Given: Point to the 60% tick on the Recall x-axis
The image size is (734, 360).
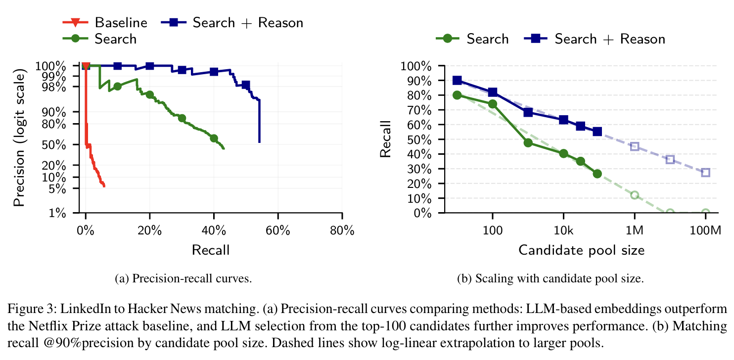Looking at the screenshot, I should pos(278,231).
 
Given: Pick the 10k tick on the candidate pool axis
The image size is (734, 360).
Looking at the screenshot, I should pos(563,231).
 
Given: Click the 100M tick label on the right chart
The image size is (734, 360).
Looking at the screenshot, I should pos(705,231).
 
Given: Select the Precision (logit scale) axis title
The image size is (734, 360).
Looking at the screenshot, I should pos(20,139).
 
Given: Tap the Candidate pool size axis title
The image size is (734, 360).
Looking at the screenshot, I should pos(581,250).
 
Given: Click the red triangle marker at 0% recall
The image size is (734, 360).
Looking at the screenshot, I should pos(86,66).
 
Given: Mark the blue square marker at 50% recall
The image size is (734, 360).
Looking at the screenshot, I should pos(246,85).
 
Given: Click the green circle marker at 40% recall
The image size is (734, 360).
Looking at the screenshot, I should pos(214,138).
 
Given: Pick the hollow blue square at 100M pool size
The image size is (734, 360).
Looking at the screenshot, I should pos(705,173).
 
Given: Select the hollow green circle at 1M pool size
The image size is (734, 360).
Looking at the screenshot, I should pos(635,195).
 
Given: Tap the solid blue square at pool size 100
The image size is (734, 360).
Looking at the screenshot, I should pos(493,92).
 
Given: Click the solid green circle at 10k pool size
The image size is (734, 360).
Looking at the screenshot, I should pos(563,154).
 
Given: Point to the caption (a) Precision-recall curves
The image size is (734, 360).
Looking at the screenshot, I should pos(183,278).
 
